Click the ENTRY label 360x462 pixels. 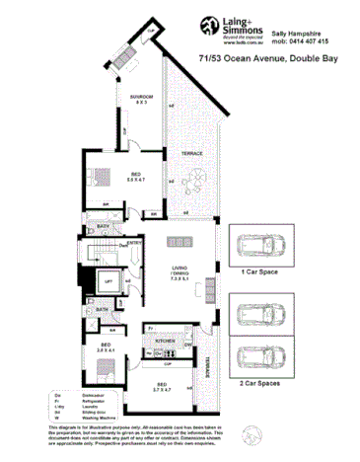click(134, 242)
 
